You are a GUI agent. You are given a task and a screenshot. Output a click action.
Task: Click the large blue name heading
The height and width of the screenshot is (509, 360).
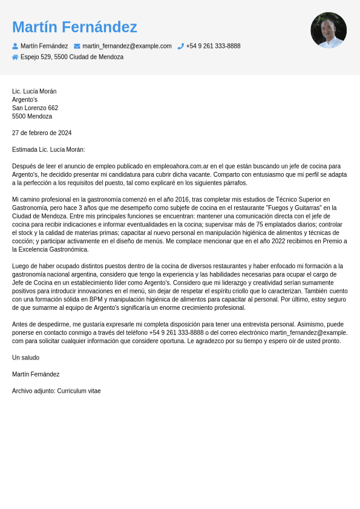click(x=74, y=27)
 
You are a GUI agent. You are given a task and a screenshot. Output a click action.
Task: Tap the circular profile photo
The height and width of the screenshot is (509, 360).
click(x=329, y=30)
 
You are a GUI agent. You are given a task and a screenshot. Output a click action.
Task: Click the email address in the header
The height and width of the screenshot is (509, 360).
click(x=127, y=46)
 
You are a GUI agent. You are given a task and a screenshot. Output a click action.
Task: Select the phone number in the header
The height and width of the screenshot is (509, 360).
click(x=213, y=46)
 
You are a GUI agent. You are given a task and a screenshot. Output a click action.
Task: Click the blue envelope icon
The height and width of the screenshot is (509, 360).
click(x=77, y=46)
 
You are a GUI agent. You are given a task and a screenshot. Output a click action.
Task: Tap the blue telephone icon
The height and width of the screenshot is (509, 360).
click(x=180, y=46)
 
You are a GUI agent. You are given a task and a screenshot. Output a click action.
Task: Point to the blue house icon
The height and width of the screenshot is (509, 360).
click(x=15, y=57)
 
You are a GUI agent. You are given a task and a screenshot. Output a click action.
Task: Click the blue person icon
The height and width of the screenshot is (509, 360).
click(x=15, y=46)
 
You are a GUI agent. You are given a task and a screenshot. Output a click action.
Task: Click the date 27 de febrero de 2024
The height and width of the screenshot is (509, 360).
click(x=42, y=133)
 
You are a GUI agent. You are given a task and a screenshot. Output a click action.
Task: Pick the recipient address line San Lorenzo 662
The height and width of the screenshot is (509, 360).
click(x=35, y=108)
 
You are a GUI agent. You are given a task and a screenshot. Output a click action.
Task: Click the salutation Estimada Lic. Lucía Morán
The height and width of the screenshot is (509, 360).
click(x=48, y=149)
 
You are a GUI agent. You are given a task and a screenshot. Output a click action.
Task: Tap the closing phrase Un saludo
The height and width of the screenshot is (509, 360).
click(x=25, y=358)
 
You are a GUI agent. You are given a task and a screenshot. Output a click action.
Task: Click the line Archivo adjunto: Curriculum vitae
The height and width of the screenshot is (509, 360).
click(x=56, y=391)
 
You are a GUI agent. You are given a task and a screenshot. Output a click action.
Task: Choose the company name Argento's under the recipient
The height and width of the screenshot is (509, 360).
click(x=25, y=100)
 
